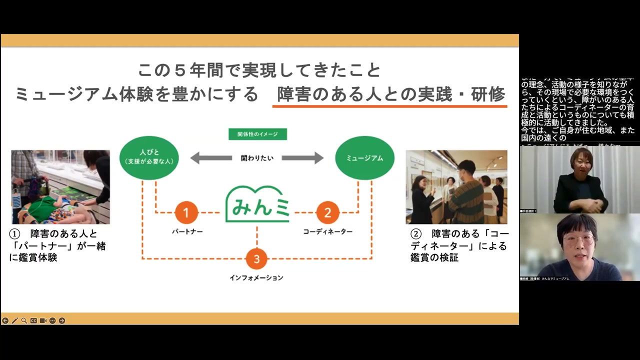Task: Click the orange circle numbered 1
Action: (x=186, y=213)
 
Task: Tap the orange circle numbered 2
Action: (x=327, y=213)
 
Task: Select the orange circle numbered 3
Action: (x=256, y=258)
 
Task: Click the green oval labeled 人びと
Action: (x=149, y=157)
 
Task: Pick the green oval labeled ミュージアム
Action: (x=364, y=157)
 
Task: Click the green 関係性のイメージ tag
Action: (x=257, y=134)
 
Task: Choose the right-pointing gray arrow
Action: (x=302, y=158)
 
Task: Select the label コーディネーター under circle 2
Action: (x=327, y=231)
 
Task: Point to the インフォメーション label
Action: (x=256, y=277)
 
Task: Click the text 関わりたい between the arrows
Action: (x=257, y=158)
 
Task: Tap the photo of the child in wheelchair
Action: (x=60, y=187)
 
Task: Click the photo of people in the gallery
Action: (x=456, y=187)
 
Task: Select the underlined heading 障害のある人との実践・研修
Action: (x=390, y=94)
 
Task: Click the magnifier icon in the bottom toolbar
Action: (x=24, y=320)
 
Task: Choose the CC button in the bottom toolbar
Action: (x=33, y=320)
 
